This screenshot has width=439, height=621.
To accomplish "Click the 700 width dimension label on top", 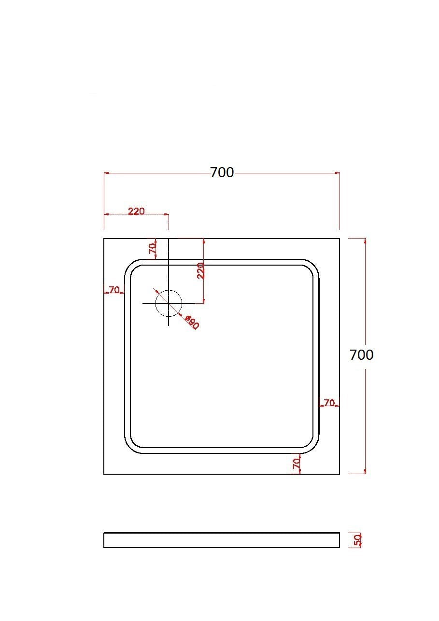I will [x=222, y=172].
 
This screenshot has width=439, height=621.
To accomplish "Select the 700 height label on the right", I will [x=361, y=355].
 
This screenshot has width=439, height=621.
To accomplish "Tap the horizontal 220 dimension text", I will [x=136, y=211].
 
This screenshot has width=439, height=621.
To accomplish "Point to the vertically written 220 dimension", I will [x=201, y=270].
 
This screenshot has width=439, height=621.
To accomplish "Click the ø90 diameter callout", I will [x=192, y=323].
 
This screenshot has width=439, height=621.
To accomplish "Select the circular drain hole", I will [x=169, y=303].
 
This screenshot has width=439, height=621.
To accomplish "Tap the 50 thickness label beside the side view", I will [x=358, y=540].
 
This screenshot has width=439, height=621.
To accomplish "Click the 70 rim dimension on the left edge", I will [x=114, y=290].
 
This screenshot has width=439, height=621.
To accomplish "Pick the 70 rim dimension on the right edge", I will [x=329, y=403].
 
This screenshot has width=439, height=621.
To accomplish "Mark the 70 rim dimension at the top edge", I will [x=153, y=249].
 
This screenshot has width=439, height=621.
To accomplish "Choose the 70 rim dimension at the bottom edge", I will [x=297, y=464].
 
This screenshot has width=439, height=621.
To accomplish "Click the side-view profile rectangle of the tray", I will [x=222, y=540].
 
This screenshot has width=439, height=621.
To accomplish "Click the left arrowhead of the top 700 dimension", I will [x=107, y=172].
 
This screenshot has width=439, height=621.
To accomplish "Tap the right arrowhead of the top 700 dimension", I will [x=337, y=172].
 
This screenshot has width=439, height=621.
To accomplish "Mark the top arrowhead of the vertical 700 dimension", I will [x=365, y=240].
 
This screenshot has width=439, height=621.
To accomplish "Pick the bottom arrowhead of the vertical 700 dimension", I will [x=365, y=471].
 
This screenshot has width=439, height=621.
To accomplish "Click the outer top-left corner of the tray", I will [x=104, y=239].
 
